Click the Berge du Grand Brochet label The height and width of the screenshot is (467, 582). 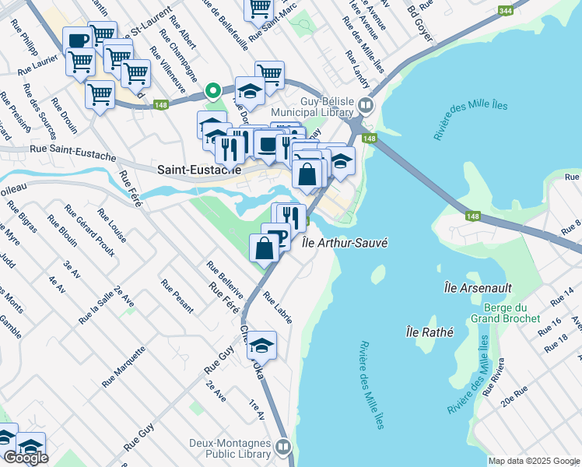pos(505,313)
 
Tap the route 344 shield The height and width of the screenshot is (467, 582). pos(505,10)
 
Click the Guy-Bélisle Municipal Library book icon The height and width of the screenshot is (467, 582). pos(366,105)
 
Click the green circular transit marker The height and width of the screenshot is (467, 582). pos(212,90)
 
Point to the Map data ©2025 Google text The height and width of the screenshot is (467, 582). pos(534,461)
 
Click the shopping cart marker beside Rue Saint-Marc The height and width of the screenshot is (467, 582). pos(259,9)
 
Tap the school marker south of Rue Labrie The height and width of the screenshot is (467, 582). pos(262,345)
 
